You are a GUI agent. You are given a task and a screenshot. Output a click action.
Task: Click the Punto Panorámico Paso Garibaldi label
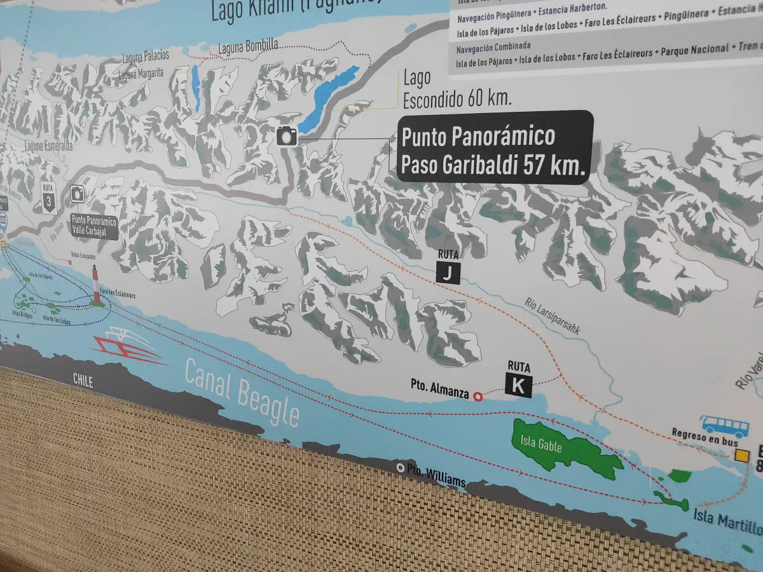[x=495, y=147]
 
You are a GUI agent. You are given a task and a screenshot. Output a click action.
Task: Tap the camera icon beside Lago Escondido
[x=287, y=135]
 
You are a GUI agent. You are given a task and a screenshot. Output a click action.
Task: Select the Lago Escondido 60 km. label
[x=457, y=88]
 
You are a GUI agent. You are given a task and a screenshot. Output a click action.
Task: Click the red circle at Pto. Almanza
[x=478, y=397]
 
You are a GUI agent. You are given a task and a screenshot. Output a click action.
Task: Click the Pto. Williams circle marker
[x=401, y=468]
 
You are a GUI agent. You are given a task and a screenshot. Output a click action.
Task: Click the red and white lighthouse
[x=97, y=285]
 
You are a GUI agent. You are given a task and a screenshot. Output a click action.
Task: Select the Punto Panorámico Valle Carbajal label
[x=94, y=226]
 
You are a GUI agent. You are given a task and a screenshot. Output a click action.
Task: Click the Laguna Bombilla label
[x=248, y=46]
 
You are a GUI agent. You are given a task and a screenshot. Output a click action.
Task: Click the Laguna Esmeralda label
[x=48, y=146]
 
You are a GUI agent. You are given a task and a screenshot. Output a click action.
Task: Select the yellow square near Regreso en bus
[x=741, y=455]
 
